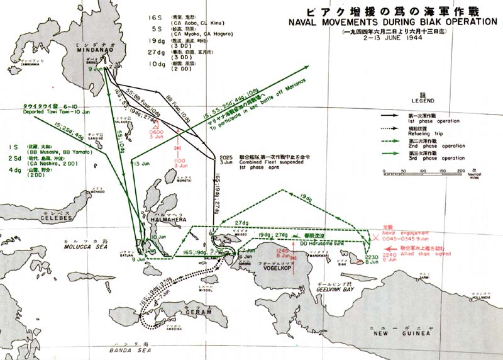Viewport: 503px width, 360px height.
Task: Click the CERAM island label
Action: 180,314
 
